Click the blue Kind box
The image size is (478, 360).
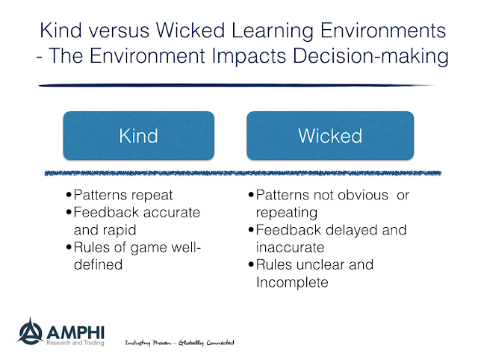138,135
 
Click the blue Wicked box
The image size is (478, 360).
330,135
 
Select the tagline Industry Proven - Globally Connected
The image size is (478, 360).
179,342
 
